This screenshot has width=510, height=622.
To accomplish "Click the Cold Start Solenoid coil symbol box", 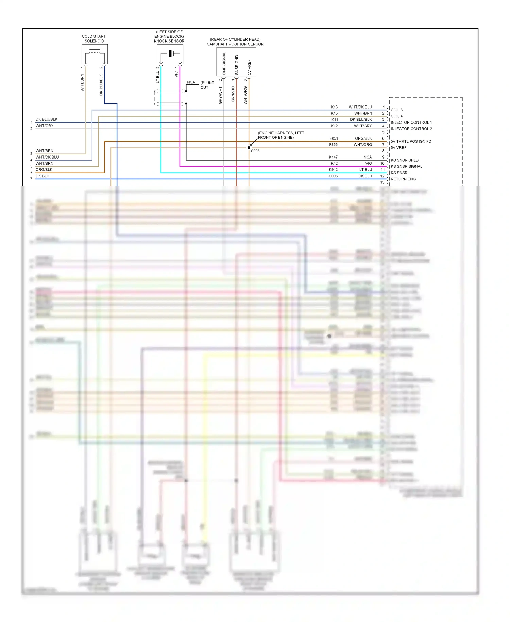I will pyautogui.click(x=95, y=54).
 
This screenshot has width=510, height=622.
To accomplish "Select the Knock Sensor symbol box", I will pyautogui.click(x=170, y=54).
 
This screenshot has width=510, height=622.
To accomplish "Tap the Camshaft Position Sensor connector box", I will pyautogui.click(x=236, y=62).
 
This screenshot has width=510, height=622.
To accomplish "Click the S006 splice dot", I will pyautogui.click(x=249, y=148).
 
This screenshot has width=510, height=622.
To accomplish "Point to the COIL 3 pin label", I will pyautogui.click(x=396, y=110).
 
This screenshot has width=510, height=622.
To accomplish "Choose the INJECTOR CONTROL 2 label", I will pyautogui.click(x=411, y=129).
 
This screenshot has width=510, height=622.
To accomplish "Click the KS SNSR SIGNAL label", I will pyautogui.click(x=406, y=166).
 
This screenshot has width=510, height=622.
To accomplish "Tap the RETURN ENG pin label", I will pyautogui.click(x=403, y=179).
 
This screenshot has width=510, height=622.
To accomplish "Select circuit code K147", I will pyautogui.click(x=333, y=157).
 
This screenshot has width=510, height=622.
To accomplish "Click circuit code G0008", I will pyautogui.click(x=332, y=176).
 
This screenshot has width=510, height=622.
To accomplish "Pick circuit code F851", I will pyautogui.click(x=334, y=138).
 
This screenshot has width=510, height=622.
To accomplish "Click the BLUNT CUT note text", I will pyautogui.click(x=207, y=85).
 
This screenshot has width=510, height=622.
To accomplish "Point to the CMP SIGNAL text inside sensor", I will pyautogui.click(x=224, y=63).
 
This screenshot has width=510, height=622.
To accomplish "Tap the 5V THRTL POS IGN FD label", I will pyautogui.click(x=411, y=141).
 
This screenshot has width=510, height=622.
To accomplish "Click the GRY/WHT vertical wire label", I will pyautogui.click(x=220, y=95).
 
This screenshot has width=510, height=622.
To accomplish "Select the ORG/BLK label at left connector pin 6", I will pyautogui.click(x=44, y=170).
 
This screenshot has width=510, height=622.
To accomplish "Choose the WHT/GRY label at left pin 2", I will pyautogui.click(x=45, y=126).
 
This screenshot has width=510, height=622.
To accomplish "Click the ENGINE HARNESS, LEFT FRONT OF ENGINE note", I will pyautogui.click(x=281, y=135).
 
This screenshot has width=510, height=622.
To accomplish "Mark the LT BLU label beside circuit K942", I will pyautogui.click(x=366, y=170).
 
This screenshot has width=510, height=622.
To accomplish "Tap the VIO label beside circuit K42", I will pyautogui.click(x=369, y=163).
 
